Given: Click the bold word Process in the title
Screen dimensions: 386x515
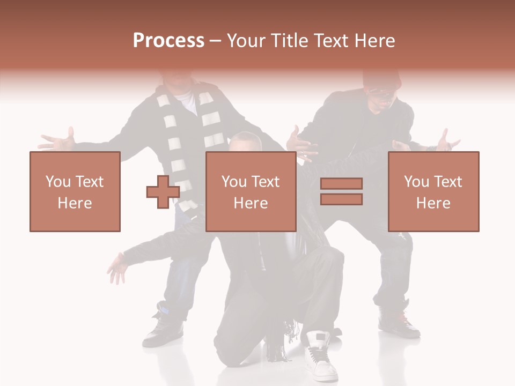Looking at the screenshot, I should pos(168,40).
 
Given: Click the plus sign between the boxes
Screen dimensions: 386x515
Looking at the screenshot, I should pos(163,191).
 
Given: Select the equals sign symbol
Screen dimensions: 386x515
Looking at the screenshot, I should pos(341,191).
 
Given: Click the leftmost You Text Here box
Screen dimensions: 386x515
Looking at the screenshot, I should pos(75,191).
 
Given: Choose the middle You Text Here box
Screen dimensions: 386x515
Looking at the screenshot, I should pos(251,191).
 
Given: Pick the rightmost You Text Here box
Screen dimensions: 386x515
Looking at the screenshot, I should pos(433,191).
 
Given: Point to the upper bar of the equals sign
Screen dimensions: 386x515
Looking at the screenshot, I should pos(341,184).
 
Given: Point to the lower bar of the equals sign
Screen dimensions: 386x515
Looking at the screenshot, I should pos(341,199).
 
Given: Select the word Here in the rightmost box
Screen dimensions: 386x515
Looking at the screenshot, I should pos(433,203).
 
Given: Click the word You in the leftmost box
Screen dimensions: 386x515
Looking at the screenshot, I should pos(58,181).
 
